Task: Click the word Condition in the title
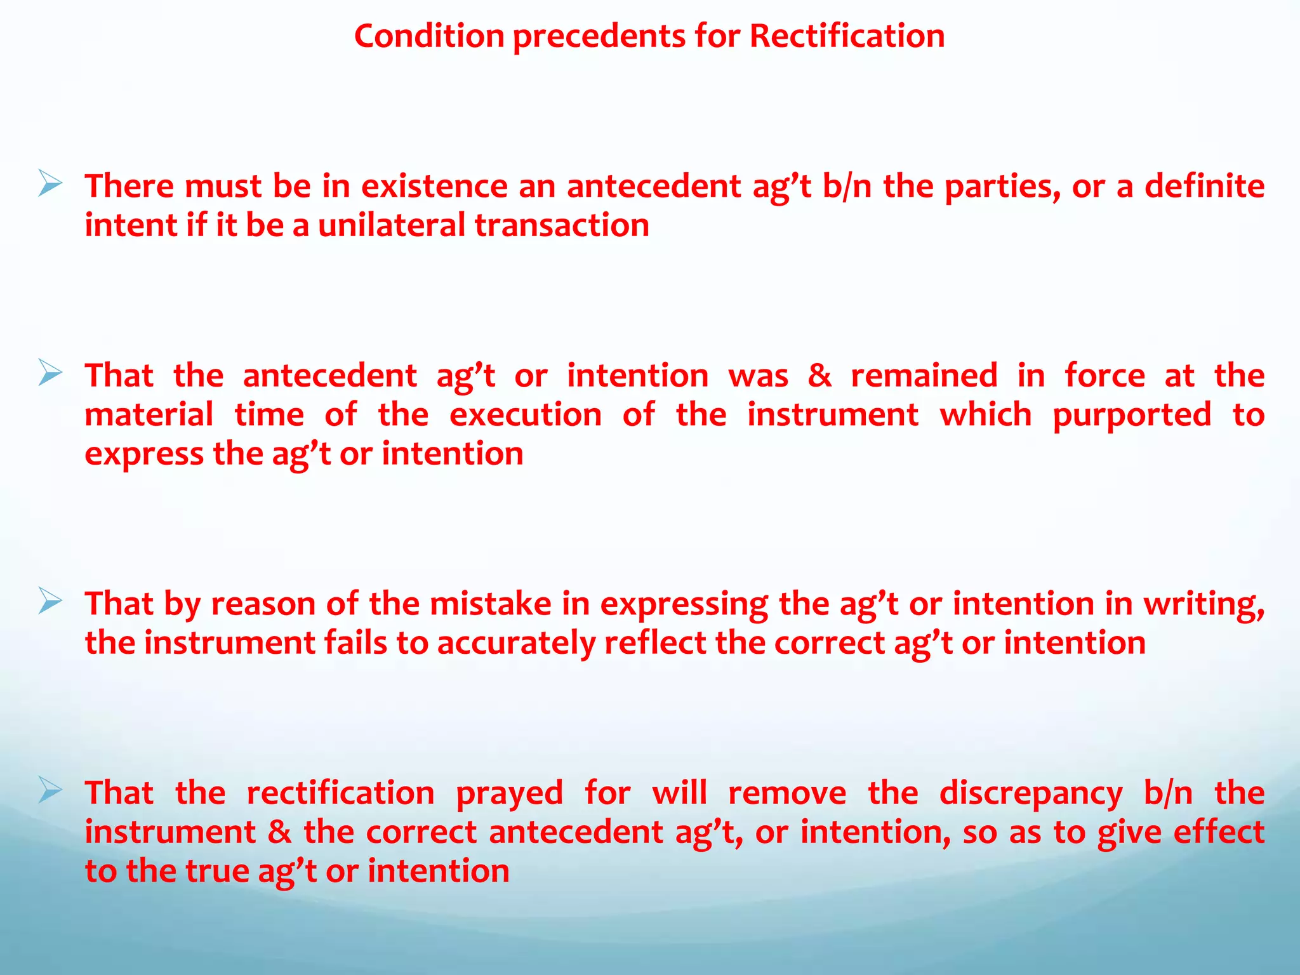coord(429,36)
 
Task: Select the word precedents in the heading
coord(599,36)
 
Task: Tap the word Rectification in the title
coord(847,36)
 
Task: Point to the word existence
coord(434,187)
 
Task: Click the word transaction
coord(562,226)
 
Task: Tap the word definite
coord(1204,187)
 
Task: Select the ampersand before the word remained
coord(819,376)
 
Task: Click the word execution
coord(526,415)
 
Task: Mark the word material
coord(149,415)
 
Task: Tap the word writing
coord(1204,604)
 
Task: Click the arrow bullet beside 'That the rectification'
coord(50,790)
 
